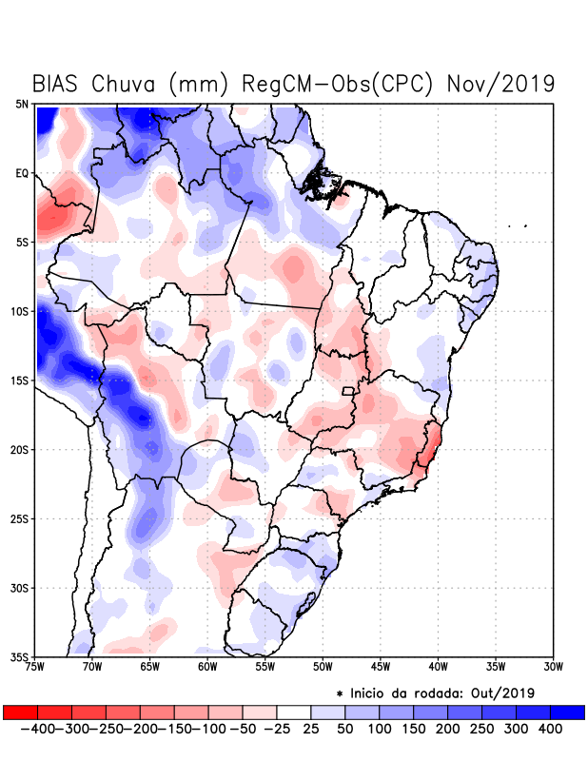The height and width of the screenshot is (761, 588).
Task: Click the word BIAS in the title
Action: click(x=57, y=84)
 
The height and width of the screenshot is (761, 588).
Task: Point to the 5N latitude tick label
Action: click(x=22, y=104)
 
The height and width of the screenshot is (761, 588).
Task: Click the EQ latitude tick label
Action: click(x=22, y=173)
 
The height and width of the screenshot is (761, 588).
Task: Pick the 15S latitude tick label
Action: click(x=20, y=380)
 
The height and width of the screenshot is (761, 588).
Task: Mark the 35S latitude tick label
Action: click(x=20, y=657)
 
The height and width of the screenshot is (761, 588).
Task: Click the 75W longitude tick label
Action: click(x=36, y=666)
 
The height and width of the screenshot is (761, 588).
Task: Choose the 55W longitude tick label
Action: click(x=266, y=666)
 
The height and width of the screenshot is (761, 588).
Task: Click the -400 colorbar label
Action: click(x=37, y=729)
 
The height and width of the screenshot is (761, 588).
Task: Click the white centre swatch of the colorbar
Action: click(x=294, y=712)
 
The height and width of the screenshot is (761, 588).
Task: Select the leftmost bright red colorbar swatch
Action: click(x=20, y=712)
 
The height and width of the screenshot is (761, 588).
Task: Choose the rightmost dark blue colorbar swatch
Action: click(x=567, y=712)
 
